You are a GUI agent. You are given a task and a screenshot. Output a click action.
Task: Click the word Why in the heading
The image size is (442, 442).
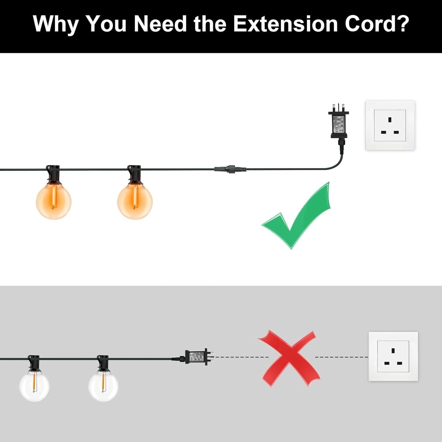tap(55, 24)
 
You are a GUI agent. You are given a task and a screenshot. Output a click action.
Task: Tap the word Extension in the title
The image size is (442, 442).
tap(285, 24)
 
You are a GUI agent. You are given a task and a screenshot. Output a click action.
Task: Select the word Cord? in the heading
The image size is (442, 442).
tap(377, 24)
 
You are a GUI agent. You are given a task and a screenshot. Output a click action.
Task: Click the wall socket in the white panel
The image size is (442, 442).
tap(390, 126)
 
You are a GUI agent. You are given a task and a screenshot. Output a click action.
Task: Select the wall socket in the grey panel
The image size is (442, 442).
tap(393, 356)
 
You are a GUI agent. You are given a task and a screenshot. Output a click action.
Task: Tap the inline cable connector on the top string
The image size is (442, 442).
tap(230, 169)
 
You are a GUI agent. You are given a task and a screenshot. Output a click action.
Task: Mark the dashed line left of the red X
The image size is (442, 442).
tap(241, 357)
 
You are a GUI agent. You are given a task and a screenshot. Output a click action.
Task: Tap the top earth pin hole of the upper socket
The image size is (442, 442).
tap(390, 120)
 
